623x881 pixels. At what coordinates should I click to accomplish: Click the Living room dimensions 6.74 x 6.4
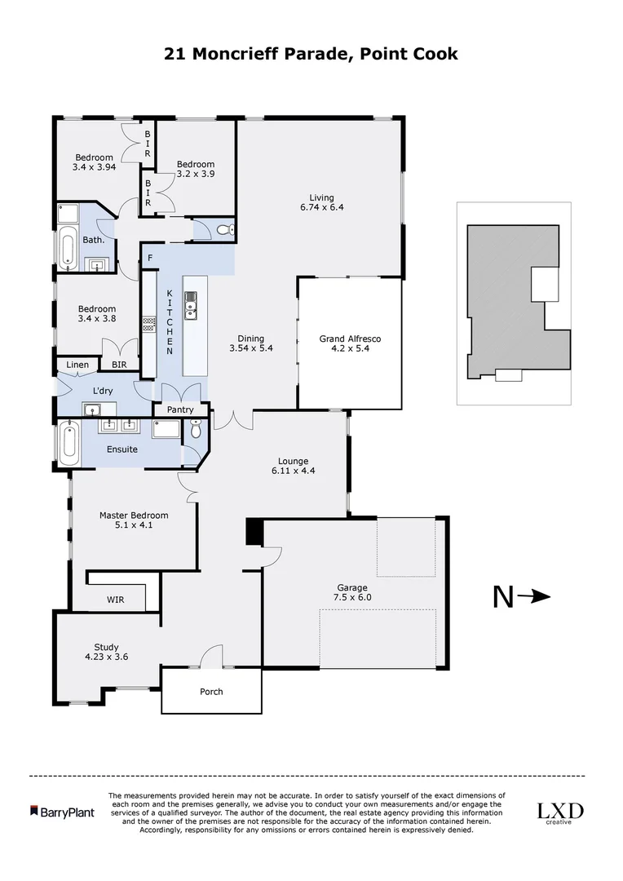pyautogui.click(x=321, y=207)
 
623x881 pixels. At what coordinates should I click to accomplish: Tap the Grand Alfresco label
pyautogui.click(x=350, y=339)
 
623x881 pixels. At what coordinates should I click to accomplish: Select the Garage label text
pyautogui.click(x=352, y=587)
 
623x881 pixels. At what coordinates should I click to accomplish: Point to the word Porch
pyautogui.click(x=211, y=692)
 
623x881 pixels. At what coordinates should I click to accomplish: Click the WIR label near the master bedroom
pyautogui.click(x=115, y=600)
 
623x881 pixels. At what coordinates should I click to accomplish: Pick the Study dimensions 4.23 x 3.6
pyautogui.click(x=106, y=656)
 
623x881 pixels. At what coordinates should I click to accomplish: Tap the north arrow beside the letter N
pyautogui.click(x=535, y=597)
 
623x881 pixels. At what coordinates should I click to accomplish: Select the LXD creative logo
pyautogui.click(x=559, y=812)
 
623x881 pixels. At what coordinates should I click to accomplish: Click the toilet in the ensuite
pyautogui.click(x=195, y=429)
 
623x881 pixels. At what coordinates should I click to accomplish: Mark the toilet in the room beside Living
pyautogui.click(x=227, y=230)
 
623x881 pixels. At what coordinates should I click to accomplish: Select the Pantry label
pyautogui.click(x=180, y=410)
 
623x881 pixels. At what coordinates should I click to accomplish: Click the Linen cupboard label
pyautogui.click(x=77, y=365)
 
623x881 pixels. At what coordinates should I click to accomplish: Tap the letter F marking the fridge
pyautogui.click(x=149, y=259)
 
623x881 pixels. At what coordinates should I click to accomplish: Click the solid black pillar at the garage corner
pyautogui.click(x=253, y=532)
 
